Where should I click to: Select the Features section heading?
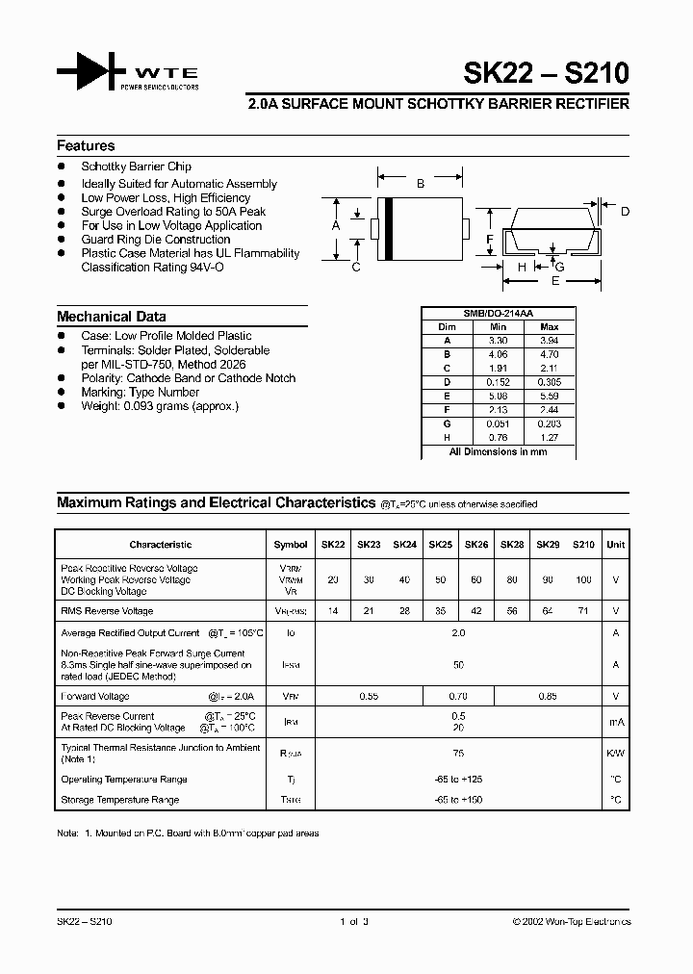(86, 146)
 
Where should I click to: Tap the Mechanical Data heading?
(111, 317)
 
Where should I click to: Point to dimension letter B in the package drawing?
(420, 183)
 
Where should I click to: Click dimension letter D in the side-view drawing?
(625, 212)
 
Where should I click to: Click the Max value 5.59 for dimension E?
(550, 397)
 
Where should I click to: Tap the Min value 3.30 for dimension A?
(498, 341)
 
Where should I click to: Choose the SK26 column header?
(476, 545)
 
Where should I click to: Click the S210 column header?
(583, 545)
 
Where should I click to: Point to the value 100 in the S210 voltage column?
(583, 580)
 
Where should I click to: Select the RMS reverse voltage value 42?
(476, 611)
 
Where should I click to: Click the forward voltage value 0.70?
(458, 696)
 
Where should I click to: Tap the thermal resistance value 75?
(458, 754)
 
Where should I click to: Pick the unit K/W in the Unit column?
(616, 754)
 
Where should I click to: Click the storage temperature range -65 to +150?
(458, 800)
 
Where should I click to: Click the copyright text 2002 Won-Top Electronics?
(572, 922)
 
